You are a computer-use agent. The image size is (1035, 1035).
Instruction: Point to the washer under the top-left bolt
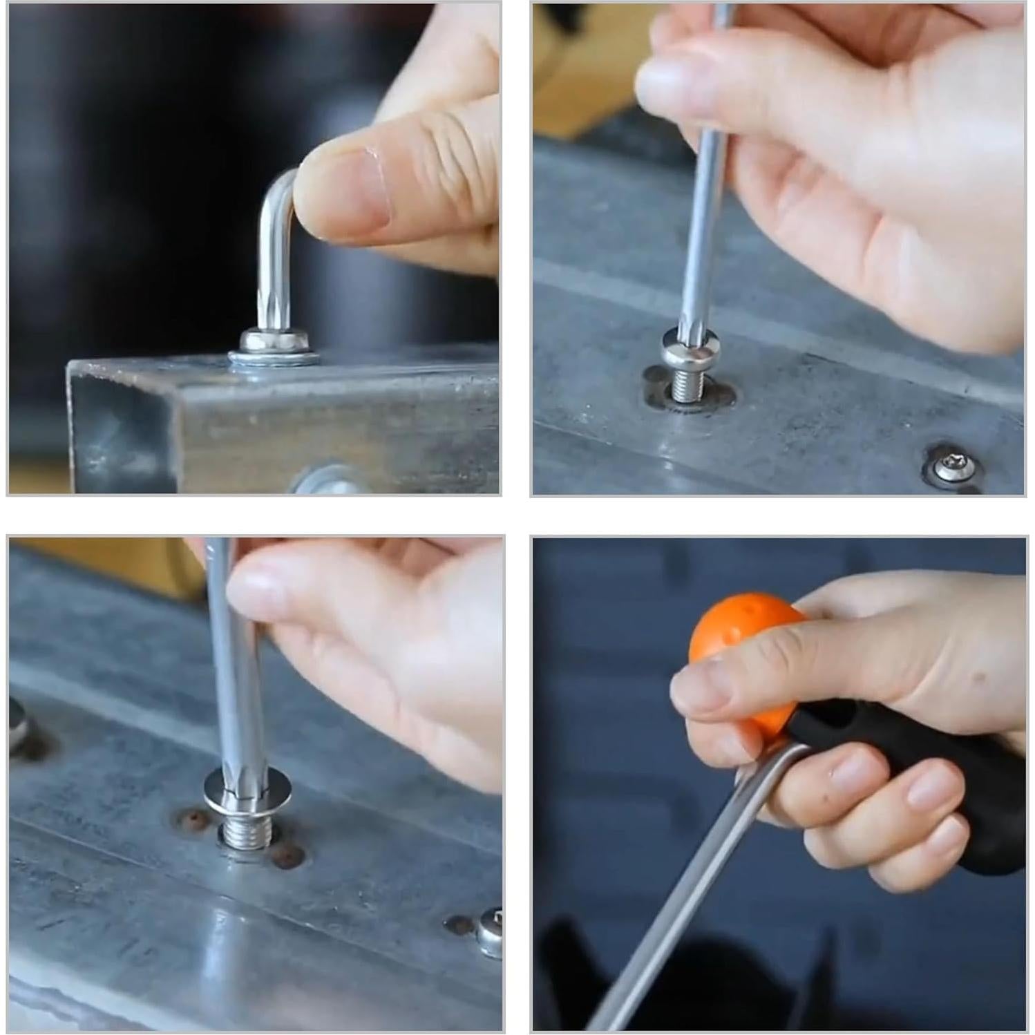coord(274,358)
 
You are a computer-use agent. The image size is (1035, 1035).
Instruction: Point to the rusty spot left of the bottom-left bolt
coord(191,820)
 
